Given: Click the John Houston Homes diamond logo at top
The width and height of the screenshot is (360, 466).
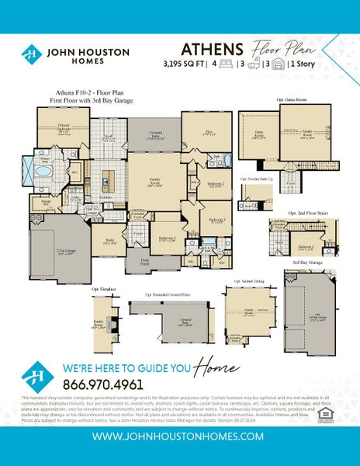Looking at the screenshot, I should [30, 54].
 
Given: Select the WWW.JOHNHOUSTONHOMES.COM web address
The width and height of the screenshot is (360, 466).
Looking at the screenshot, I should [178, 437].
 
